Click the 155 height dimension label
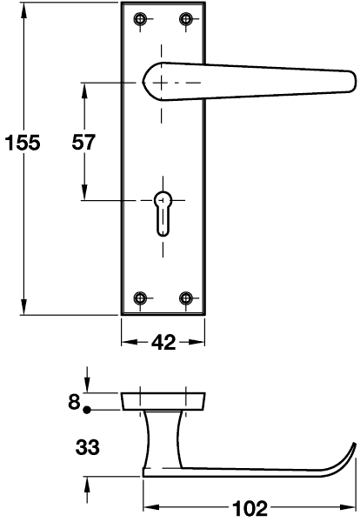click(23, 143)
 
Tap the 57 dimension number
click(83, 142)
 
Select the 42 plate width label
click(163, 342)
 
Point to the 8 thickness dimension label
click(74, 401)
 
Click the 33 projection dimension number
click(88, 447)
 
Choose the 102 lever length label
click(250, 508)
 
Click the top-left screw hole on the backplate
click(140, 19)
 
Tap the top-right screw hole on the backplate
click(186, 19)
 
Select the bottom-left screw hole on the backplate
click(140, 298)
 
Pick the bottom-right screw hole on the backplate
click(186, 298)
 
